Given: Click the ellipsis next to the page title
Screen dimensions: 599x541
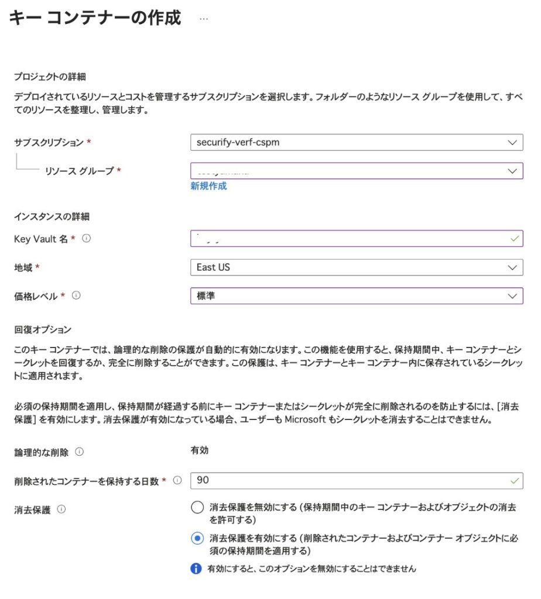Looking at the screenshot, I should click(x=204, y=19).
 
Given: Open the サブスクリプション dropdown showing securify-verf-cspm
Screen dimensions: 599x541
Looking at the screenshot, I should click(x=356, y=142).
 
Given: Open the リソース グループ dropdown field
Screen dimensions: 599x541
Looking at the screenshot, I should click(x=356, y=171).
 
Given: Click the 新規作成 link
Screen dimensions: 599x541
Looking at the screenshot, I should click(x=208, y=186).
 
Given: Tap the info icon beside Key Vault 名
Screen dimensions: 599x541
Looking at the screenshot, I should click(x=86, y=239).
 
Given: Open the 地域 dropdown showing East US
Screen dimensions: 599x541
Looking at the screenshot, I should click(x=356, y=267).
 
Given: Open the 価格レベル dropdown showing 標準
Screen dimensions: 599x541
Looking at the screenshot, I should click(x=356, y=296).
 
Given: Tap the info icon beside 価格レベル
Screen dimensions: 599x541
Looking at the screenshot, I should click(x=76, y=296).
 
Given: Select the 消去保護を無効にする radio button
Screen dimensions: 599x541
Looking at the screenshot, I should click(x=197, y=508).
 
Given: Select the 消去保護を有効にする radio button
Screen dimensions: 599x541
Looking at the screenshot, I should click(x=197, y=539).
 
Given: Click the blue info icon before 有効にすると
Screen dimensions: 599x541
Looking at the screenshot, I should click(x=196, y=569).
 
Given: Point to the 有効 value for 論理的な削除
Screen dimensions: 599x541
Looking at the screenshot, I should click(x=200, y=450).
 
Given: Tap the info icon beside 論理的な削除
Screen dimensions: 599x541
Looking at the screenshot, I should click(x=80, y=452).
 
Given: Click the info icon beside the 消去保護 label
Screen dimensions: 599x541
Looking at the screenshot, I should click(x=61, y=510).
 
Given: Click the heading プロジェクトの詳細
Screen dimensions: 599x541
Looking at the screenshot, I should click(x=50, y=77).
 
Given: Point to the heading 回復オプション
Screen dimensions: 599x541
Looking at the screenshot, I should click(x=42, y=330).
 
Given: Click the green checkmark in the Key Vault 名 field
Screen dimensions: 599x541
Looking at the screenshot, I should click(x=514, y=239).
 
